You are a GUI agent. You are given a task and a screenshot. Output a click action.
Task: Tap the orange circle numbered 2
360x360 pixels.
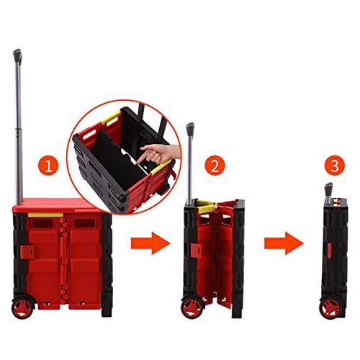pos(213,166)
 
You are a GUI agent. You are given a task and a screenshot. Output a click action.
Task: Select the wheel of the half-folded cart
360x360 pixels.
pos(192,307)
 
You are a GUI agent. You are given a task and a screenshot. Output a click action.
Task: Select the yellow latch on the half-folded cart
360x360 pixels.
pos(207,207)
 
